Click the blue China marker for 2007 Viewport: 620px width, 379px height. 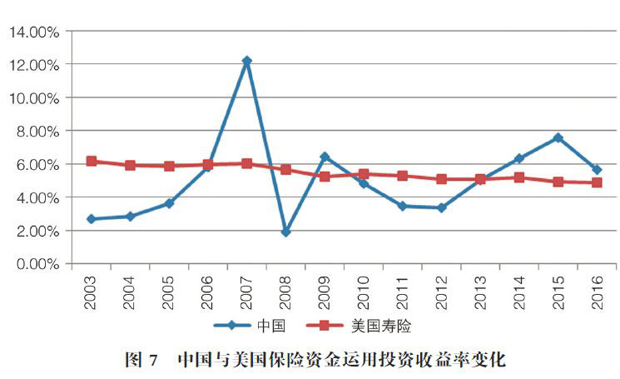click(247, 61)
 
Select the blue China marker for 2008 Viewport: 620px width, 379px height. click(285, 232)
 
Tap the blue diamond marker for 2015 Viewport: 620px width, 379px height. click(558, 137)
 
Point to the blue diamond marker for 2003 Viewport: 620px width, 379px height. click(92, 219)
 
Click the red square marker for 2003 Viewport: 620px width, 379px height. click(92, 162)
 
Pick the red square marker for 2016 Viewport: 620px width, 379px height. click(597, 182)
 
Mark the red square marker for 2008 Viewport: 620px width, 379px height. click(285, 169)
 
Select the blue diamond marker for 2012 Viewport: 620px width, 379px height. click(441, 207)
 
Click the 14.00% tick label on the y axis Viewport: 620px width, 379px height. click(34, 32)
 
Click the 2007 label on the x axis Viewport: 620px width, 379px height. click(247, 292)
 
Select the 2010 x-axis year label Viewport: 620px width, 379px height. click(364, 292)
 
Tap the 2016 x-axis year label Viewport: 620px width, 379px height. click(597, 292)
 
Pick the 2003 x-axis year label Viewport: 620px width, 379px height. click(92, 292)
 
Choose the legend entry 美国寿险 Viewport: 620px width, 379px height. click(384, 326)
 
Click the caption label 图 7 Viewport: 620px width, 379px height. click(141, 361)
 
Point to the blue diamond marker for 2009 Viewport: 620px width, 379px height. click(325, 157)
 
